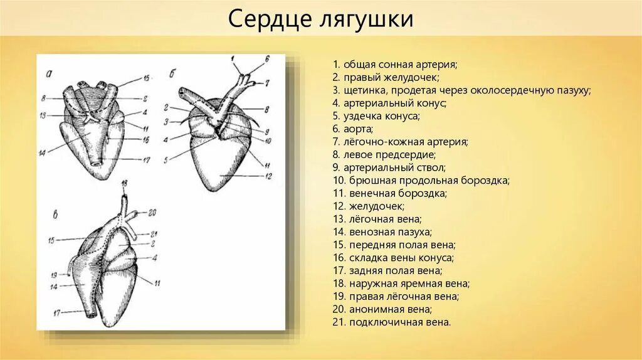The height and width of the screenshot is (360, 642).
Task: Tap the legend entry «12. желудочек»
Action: pyautogui.click(x=369, y=206)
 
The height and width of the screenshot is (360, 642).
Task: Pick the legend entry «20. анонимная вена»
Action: pyautogui.click(x=382, y=309)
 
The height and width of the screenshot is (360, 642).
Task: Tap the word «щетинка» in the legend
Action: pyautogui.click(x=363, y=90)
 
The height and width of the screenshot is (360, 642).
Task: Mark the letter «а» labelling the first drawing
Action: pyautogui.click(x=50, y=75)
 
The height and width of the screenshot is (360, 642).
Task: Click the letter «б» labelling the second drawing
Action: pyautogui.click(x=172, y=74)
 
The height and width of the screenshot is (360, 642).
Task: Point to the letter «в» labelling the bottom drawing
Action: pyautogui.click(x=55, y=216)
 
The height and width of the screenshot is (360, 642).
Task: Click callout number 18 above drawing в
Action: pyautogui.click(x=124, y=183)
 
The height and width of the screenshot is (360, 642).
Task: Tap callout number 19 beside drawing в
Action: pyautogui.click(x=53, y=275)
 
